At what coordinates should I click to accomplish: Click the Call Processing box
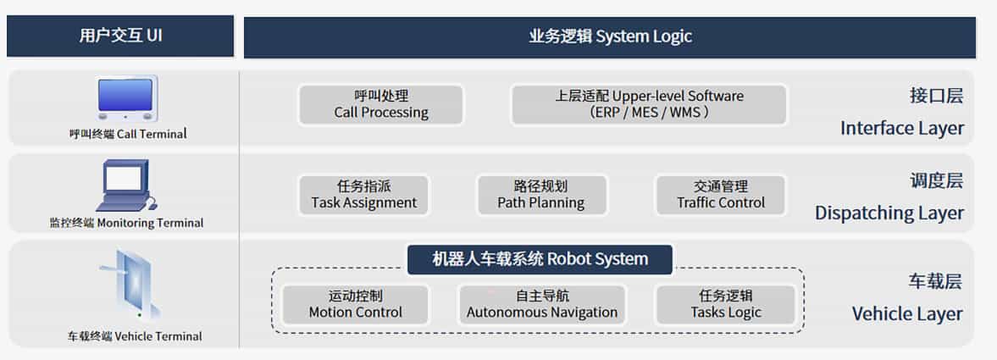(381, 104)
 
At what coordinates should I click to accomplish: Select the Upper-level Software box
(649, 104)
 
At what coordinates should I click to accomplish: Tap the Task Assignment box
(363, 196)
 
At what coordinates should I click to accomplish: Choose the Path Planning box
(541, 196)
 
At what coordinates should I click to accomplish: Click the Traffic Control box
(721, 196)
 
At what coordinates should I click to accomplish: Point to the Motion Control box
(356, 305)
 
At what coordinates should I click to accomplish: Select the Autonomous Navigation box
(542, 305)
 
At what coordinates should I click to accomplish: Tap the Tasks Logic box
(725, 305)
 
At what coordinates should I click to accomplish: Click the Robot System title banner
(540, 259)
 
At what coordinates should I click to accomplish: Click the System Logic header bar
(610, 37)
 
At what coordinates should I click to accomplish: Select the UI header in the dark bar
(120, 36)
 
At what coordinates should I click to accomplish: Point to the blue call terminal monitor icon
(126, 98)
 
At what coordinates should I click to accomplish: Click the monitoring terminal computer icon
(126, 186)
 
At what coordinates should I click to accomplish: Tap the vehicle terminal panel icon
(130, 285)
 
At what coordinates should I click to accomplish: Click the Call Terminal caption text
(128, 134)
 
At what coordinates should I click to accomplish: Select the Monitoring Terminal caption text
(126, 224)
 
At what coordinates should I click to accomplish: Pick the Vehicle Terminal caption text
(135, 335)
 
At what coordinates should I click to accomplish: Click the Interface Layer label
(901, 112)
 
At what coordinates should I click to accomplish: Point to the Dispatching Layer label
(889, 197)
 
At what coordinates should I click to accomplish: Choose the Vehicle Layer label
(907, 297)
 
